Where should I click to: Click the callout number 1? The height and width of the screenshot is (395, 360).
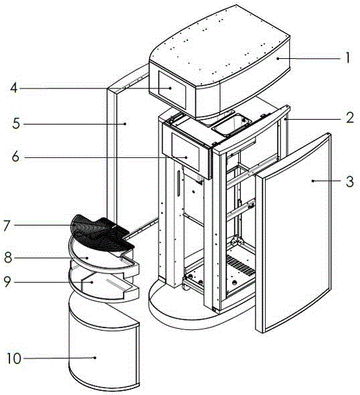[348, 58]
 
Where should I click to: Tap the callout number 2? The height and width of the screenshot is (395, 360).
[350, 118]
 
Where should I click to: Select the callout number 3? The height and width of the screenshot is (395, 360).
[350, 181]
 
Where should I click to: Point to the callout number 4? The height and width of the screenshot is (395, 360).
[14, 88]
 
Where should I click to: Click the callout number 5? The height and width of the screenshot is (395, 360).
[16, 124]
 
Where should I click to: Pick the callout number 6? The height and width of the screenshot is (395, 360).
[15, 157]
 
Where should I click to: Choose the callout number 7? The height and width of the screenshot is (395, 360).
[7, 226]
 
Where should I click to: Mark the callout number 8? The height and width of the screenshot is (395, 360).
[8, 258]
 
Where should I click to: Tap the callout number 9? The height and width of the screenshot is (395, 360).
[7, 282]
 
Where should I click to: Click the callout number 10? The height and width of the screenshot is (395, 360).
[14, 358]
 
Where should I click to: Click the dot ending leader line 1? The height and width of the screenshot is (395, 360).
[278, 58]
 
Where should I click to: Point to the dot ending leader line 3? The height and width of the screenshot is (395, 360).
[312, 181]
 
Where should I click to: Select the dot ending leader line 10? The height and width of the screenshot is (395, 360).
[95, 358]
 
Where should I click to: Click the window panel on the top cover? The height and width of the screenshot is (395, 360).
[172, 86]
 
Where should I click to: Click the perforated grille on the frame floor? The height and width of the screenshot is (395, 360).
[241, 265]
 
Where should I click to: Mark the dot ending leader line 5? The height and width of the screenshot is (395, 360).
[125, 123]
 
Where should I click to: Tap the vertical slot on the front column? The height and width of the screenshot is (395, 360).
[179, 183]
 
